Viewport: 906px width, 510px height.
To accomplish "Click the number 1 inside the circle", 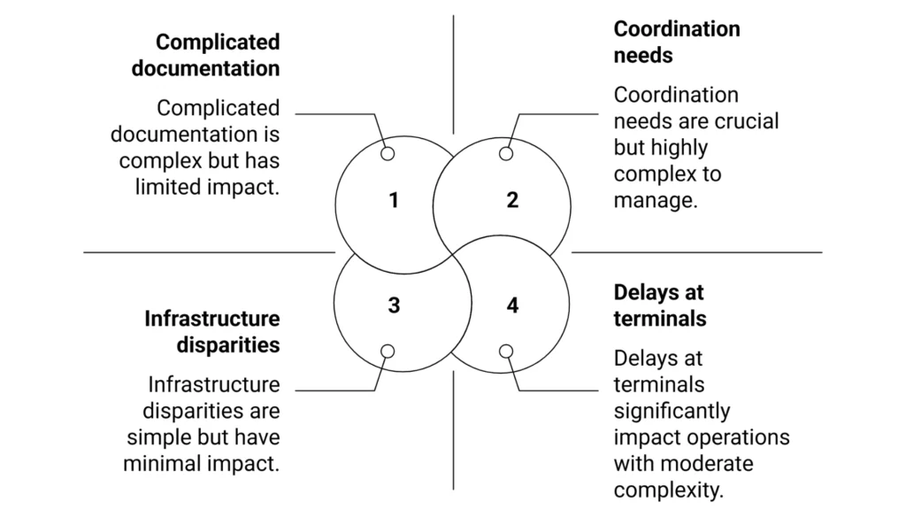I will pos(394,200).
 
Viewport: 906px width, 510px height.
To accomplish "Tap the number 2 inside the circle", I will pos(512,200).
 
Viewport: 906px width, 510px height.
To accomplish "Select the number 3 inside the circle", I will pos(394,305).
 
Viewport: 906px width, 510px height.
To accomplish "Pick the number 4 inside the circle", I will pos(512,305).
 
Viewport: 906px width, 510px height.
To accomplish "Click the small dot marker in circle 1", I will pos(388,154).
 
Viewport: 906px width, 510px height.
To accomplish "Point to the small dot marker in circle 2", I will pos(506,154).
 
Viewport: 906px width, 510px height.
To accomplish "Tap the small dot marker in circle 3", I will pos(388,352).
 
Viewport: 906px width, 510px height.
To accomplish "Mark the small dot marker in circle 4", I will pos(506,352).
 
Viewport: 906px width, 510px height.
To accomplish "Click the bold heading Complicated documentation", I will pos(206,55).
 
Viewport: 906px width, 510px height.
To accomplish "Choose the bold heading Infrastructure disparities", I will pos(212,332).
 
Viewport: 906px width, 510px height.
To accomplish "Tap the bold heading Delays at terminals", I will pos(659,305).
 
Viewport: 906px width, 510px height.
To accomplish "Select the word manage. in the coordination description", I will pos(656,200).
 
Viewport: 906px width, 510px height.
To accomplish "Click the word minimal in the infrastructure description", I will pos(168,464).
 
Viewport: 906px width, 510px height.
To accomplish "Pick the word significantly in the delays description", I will pos(672,412).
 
